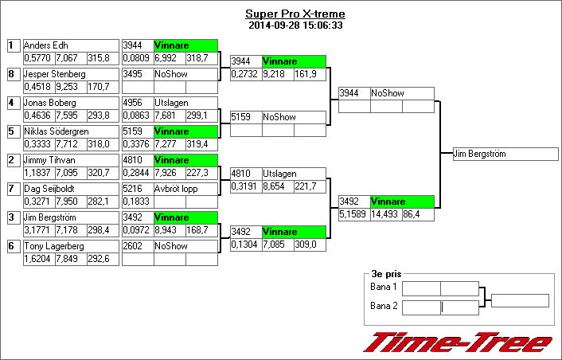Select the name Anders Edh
70,45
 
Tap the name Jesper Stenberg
70,74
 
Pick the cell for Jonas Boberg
70,103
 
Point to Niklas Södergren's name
70,131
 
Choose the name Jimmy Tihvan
70,160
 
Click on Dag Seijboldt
70,189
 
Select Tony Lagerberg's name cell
70,246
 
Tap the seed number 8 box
11,74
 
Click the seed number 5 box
11,131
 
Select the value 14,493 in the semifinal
386,214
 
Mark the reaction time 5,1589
353,214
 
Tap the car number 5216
136,189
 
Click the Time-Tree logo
458,342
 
